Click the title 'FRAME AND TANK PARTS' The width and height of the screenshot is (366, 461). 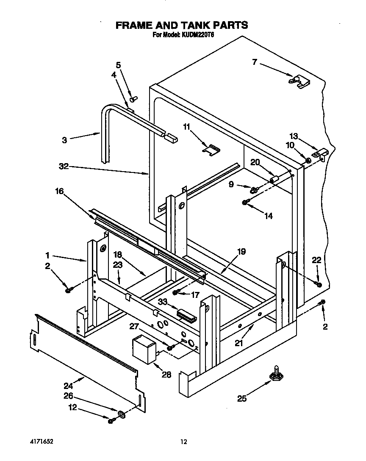[x=182, y=25]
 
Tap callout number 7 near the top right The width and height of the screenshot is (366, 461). [x=254, y=62]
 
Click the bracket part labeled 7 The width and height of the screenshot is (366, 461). [x=299, y=81]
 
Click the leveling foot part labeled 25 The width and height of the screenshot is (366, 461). [x=276, y=375]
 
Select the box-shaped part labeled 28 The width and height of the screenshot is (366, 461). [x=144, y=350]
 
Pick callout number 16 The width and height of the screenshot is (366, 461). [x=59, y=192]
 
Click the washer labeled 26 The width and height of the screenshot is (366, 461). [x=121, y=413]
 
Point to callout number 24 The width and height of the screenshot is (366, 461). [x=68, y=386]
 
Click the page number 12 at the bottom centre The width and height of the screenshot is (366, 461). [x=183, y=442]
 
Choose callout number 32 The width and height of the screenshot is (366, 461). [x=64, y=167]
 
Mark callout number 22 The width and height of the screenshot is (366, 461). [x=317, y=260]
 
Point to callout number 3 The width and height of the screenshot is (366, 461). [x=64, y=140]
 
